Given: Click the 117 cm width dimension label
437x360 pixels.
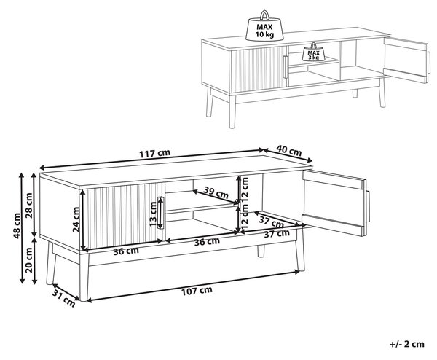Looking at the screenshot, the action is coord(154,153).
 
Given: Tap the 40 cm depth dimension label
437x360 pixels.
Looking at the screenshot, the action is coord(289,151).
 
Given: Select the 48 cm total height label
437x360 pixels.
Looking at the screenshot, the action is coord(17,226).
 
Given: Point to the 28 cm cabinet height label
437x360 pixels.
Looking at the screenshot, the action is coord(29,205).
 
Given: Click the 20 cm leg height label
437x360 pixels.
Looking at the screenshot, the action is coord(29,260).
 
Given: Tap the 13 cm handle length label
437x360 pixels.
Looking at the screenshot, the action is coord(153,214).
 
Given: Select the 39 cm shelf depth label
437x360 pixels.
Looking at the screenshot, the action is coord(216,192).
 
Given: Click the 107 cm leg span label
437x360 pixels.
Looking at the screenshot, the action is coord(197,291).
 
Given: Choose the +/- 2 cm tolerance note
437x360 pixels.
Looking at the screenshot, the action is coord(407,344).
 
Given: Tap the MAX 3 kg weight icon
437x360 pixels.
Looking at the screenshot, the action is coord(314,52).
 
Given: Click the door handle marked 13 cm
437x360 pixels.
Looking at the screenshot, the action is coord(160,213).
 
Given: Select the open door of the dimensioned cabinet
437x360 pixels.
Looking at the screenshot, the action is coord(335,202).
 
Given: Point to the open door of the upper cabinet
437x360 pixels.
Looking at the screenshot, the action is coord(406,58).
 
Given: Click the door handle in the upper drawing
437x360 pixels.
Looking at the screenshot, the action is coord(285,67).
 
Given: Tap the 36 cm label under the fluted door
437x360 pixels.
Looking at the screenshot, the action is coord(126,251).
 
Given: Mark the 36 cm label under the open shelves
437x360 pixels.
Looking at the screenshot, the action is coord(207,241).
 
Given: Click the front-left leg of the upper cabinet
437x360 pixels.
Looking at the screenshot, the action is coord(232,111).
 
